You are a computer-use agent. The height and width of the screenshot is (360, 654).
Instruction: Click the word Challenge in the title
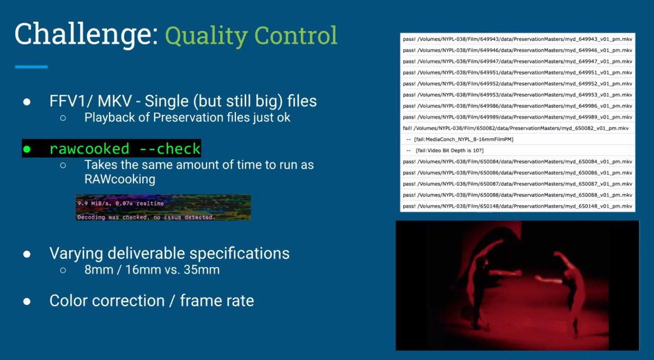pos(84,35)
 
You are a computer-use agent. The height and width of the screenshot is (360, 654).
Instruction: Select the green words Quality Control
pos(251,36)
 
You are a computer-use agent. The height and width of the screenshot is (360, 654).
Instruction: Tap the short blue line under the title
pos(32,67)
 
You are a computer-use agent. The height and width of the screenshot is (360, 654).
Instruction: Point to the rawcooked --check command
pos(125,149)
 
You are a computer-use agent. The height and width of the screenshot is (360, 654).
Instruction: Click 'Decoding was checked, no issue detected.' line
pos(146,217)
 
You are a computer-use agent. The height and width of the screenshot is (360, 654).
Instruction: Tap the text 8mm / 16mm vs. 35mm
pos(152,269)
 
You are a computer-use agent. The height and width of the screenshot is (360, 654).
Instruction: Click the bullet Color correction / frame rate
pos(152,301)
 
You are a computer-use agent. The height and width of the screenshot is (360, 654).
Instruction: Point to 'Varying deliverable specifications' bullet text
pos(169,253)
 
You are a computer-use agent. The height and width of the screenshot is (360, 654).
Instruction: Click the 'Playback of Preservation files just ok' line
pos(187,117)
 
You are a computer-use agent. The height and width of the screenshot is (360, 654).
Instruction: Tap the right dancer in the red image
pos(567,283)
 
